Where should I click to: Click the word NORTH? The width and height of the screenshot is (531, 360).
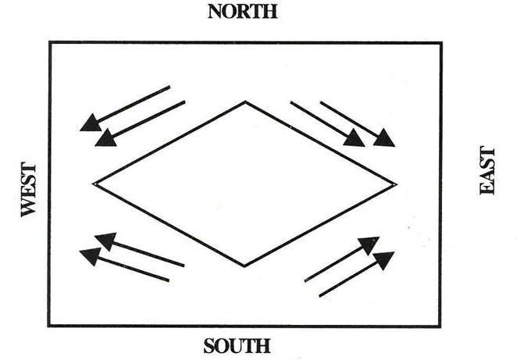(x=242, y=12)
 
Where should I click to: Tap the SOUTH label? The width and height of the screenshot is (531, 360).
(x=237, y=346)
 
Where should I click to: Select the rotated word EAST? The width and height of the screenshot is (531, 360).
(x=488, y=169)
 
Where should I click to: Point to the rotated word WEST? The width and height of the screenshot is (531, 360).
(x=29, y=190)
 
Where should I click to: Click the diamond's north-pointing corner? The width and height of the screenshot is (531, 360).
(x=246, y=102)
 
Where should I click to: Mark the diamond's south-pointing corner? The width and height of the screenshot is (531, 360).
(x=244, y=266)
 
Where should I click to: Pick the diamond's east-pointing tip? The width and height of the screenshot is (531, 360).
(x=395, y=184)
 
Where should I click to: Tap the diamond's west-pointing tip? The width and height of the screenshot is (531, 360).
(x=94, y=184)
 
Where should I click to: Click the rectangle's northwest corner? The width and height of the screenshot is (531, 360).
(x=50, y=43)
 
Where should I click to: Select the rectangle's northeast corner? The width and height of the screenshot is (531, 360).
(x=441, y=43)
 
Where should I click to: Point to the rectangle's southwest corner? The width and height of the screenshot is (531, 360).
(x=50, y=326)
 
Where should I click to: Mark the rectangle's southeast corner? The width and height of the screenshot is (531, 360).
(x=441, y=326)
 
